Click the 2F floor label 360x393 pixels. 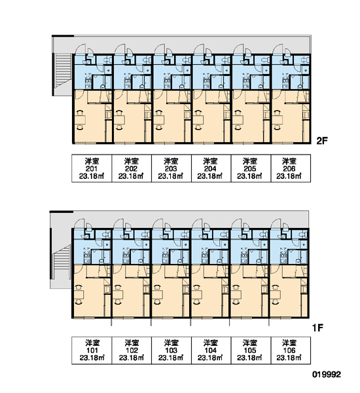[322, 141]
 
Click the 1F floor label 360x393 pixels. [317, 328]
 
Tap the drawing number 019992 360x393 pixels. [327, 375]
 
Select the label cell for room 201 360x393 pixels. [92, 168]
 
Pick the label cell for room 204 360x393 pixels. [211, 168]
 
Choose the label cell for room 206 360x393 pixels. [291, 168]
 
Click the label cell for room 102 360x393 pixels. [132, 350]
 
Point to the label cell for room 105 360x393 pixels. [251, 350]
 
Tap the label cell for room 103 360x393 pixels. [171, 350]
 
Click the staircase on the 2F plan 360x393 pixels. [63, 71]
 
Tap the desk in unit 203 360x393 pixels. [159, 120]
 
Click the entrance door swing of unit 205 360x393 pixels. [238, 49]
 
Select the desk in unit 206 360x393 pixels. [278, 120]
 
